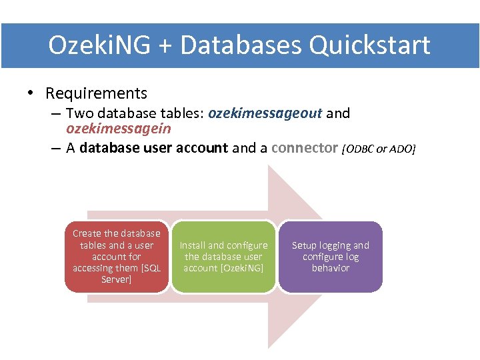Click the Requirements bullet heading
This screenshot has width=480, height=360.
click(96, 93)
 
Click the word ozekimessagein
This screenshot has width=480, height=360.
click(119, 129)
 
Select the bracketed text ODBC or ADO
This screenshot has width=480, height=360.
click(379, 149)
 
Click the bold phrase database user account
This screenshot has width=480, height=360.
click(153, 148)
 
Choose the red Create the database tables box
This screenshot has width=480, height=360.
click(117, 257)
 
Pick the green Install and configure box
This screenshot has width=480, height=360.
click(223, 257)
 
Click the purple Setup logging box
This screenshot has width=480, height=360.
click(330, 257)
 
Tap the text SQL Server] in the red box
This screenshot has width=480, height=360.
click(117, 273)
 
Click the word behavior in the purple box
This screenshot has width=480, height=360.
click(331, 268)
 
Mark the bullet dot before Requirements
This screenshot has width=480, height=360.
click(31, 94)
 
